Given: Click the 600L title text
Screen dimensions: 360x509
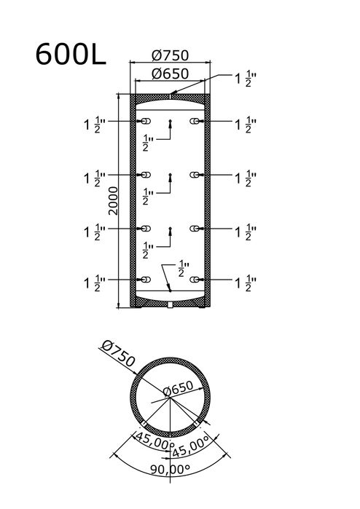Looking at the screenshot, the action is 71,54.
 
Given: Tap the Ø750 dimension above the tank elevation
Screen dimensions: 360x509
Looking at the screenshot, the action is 170,55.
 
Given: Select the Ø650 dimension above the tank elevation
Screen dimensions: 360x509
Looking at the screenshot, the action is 170,74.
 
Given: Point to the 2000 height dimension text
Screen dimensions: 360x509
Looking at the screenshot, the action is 113,200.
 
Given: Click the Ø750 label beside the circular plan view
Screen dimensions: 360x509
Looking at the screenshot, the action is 118,353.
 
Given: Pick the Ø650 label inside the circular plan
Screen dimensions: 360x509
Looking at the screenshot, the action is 178,389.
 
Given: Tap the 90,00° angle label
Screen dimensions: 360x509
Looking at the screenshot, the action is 170,469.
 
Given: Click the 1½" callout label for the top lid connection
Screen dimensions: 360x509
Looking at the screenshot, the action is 246,79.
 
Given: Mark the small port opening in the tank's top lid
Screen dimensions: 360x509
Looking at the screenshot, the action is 170,96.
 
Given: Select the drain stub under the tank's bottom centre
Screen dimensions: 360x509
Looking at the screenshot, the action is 171,304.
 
